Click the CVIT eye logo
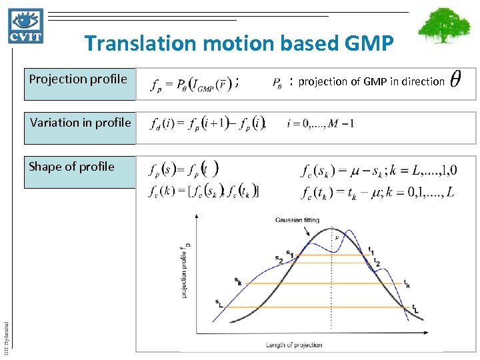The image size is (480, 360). [26, 26]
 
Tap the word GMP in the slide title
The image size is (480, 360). [369, 44]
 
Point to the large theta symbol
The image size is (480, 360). [455, 81]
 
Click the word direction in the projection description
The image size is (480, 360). [423, 82]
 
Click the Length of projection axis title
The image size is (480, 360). [294, 345]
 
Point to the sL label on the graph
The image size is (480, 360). [219, 302]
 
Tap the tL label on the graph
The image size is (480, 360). [415, 309]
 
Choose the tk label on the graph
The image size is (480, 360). [406, 284]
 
